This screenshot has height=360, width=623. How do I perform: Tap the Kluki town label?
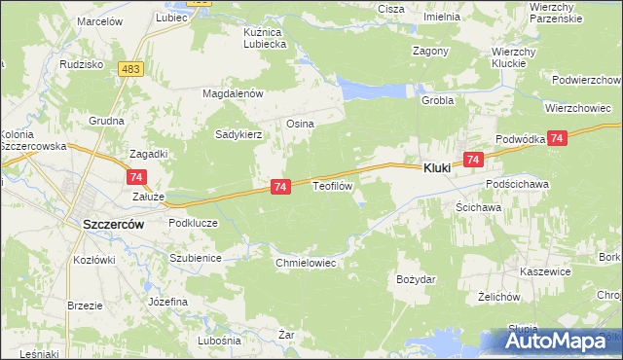click(436, 168)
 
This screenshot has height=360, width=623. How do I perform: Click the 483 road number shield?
click(131, 68)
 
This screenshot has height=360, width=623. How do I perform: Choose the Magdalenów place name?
click(234, 93)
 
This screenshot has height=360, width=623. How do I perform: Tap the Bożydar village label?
click(416, 279)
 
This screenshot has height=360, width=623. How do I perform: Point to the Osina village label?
click(299, 124)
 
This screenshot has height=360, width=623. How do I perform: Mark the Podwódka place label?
click(519, 140)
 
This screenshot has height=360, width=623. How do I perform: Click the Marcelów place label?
click(98, 20)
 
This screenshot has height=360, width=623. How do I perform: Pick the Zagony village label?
click(430, 51)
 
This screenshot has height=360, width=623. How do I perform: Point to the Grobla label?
click(438, 100)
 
